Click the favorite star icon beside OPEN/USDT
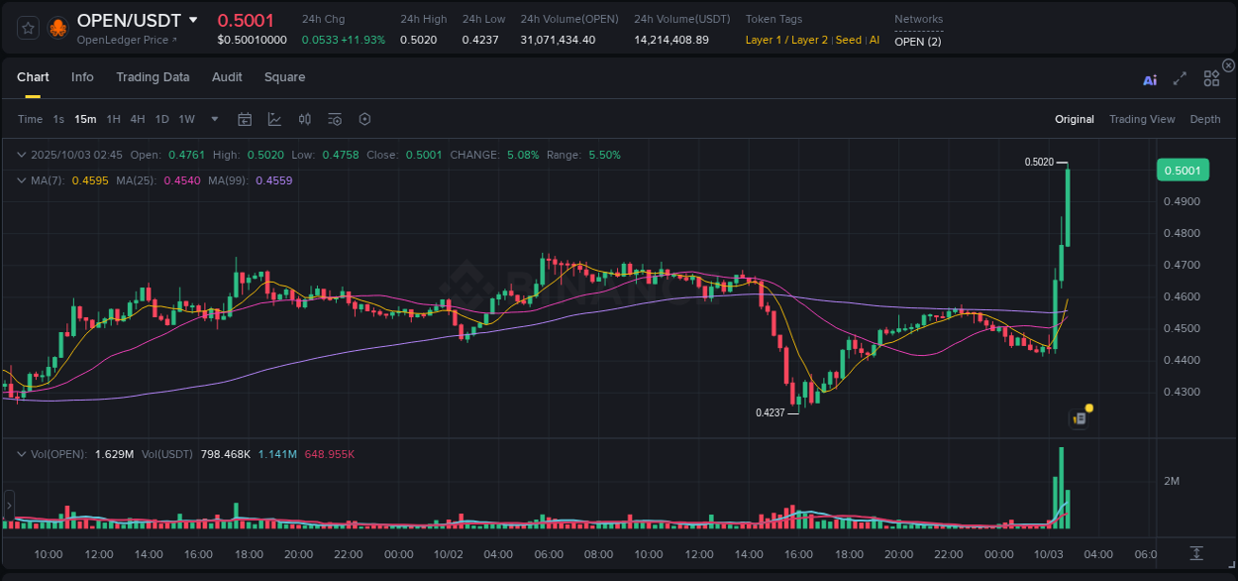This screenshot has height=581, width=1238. coord(29,28)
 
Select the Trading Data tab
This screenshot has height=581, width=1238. coord(153,77)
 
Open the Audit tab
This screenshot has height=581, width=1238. coord(227,77)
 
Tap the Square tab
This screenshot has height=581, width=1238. coord(284,77)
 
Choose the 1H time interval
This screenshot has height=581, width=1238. coord(114,119)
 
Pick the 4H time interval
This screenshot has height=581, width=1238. coord(138,119)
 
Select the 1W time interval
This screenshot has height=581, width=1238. coord(186,119)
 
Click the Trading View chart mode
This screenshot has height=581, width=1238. coord(1142,119)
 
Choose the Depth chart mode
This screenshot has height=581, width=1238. coord(1205,119)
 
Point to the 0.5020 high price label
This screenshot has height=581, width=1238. coord(1039,162)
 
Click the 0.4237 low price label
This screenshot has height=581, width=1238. coord(770,412)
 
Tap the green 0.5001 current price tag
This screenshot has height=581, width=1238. coord(1183,171)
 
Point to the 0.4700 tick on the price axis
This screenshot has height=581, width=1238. coord(1182,265)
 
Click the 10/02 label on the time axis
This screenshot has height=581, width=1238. coord(449,554)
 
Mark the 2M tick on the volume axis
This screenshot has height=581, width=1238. coord(1172,481)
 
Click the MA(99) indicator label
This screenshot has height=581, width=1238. coord(229,180)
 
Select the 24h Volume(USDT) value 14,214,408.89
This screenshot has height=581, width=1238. coord(671,40)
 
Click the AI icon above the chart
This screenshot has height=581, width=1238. coord(1150,80)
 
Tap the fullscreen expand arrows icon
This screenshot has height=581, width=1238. coord(1180,78)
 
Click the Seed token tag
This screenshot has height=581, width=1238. coord(849,40)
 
